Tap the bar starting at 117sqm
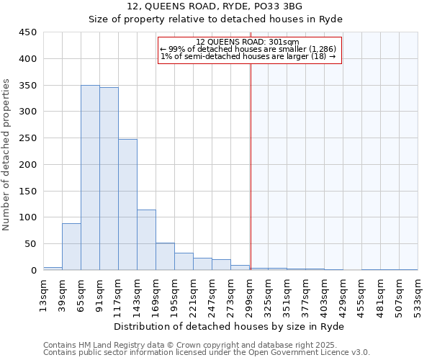127,204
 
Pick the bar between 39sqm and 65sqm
71,247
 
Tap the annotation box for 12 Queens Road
249,50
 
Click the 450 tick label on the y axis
28,32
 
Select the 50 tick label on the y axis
31,244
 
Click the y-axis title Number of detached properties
7,155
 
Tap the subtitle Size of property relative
215,19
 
